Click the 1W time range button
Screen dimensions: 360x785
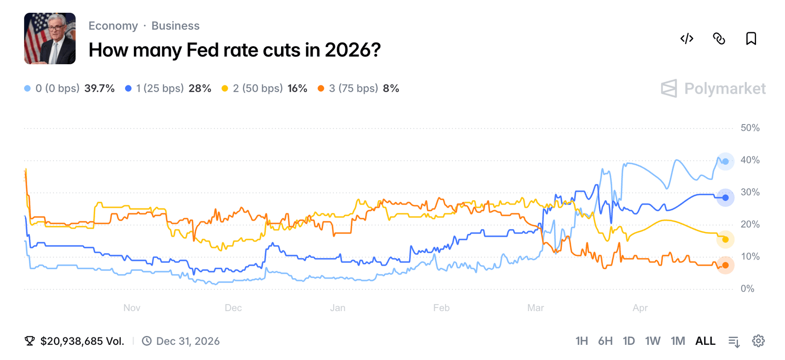(x=652, y=341)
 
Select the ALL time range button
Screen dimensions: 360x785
(x=705, y=341)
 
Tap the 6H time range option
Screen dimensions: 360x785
(x=605, y=341)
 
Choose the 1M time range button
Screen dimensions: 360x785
(x=678, y=341)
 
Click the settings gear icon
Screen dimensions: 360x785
(x=758, y=341)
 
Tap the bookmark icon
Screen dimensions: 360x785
(x=751, y=39)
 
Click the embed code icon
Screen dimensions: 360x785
(x=686, y=39)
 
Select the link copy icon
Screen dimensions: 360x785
(x=719, y=39)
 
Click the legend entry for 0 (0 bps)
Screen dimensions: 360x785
(x=69, y=88)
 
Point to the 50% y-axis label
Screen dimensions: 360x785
(x=750, y=128)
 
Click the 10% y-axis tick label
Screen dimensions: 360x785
(x=750, y=257)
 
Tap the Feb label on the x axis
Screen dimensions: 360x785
(x=441, y=308)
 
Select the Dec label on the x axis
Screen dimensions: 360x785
(x=233, y=308)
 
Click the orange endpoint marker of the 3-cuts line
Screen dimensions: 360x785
(x=725, y=265)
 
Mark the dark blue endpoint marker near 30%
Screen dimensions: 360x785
(x=725, y=198)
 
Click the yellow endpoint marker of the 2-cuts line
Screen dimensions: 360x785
(x=725, y=239)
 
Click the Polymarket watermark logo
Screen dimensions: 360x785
(x=713, y=89)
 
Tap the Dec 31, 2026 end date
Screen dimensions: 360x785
(x=187, y=341)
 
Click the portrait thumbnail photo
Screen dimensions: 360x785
(x=50, y=39)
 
